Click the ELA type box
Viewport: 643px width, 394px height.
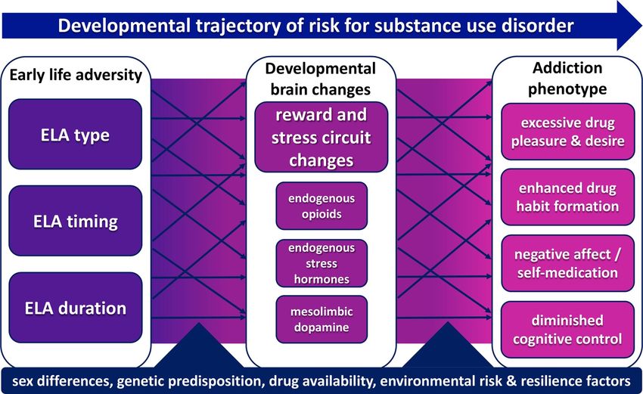(75, 134)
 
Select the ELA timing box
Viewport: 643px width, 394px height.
(75, 221)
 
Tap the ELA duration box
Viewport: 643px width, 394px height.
(75, 308)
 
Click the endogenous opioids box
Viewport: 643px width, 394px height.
(321, 206)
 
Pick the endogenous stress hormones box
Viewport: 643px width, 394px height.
(321, 263)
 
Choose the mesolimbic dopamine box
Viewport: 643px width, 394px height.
(321, 319)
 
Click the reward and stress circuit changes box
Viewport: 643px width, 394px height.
(321, 138)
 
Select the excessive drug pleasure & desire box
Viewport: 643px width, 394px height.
(567, 132)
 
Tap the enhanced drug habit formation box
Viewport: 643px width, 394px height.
(567, 197)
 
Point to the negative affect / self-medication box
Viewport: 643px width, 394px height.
(567, 263)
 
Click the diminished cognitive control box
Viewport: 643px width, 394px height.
(567, 330)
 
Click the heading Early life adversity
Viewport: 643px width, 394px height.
(76, 75)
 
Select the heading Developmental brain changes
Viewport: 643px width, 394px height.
(321, 79)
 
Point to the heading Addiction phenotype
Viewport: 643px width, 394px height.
(567, 78)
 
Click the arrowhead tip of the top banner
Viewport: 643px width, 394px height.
(641, 26)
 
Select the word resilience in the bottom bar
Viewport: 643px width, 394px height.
(551, 381)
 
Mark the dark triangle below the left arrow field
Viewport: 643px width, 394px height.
(199, 345)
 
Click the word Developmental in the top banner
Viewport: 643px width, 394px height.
(124, 26)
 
